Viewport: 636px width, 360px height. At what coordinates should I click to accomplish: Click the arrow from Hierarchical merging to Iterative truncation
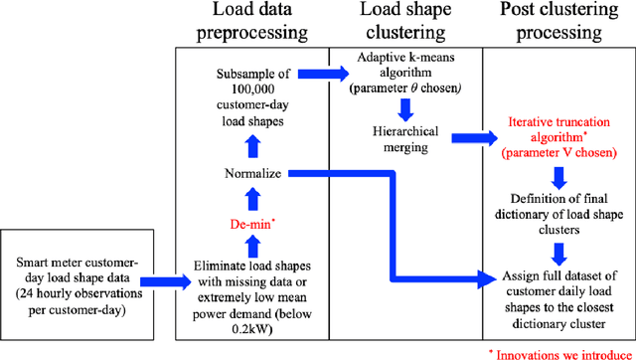(x=467, y=138)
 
